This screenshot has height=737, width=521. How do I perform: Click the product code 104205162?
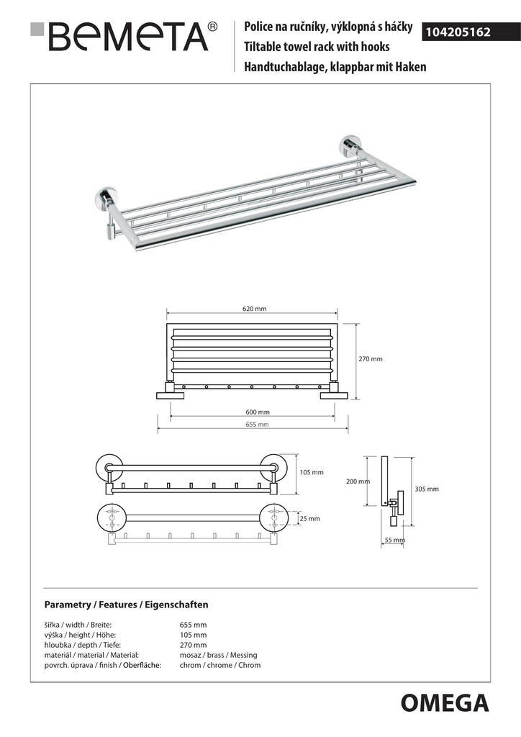click(x=459, y=32)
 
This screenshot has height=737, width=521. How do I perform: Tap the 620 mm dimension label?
click(x=254, y=309)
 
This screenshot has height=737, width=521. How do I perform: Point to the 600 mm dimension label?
click(x=257, y=412)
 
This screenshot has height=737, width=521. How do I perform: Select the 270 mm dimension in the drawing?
click(x=371, y=358)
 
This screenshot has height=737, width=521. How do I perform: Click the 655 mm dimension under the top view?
click(x=256, y=425)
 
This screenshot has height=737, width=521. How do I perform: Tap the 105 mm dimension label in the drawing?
click(x=312, y=473)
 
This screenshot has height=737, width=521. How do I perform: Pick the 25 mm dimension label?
click(x=309, y=518)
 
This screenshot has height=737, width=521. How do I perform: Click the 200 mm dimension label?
click(x=358, y=481)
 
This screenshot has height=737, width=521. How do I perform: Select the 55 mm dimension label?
click(x=394, y=540)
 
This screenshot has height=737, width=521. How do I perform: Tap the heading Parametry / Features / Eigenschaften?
click(x=126, y=605)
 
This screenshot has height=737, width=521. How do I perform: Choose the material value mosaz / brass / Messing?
click(x=218, y=655)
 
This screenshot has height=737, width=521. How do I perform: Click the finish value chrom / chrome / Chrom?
click(x=220, y=665)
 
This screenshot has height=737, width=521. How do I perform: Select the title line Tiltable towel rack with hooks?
click(x=317, y=47)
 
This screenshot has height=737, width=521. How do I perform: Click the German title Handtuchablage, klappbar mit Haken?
click(x=335, y=66)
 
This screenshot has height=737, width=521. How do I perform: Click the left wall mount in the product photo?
click(x=106, y=199)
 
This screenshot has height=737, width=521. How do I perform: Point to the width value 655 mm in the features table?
click(x=193, y=625)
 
